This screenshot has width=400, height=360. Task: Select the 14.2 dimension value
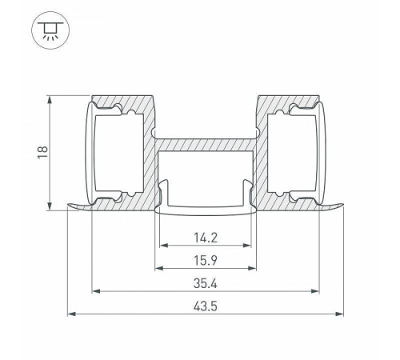click(x=205, y=238)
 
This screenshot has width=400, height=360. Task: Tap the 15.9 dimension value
click(x=205, y=260)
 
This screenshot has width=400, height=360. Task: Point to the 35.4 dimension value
click(x=205, y=282)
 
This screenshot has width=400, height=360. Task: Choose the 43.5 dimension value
click(x=205, y=305)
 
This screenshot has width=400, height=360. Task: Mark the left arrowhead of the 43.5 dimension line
click(x=70, y=314)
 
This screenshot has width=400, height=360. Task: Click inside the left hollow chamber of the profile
click(x=117, y=152)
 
